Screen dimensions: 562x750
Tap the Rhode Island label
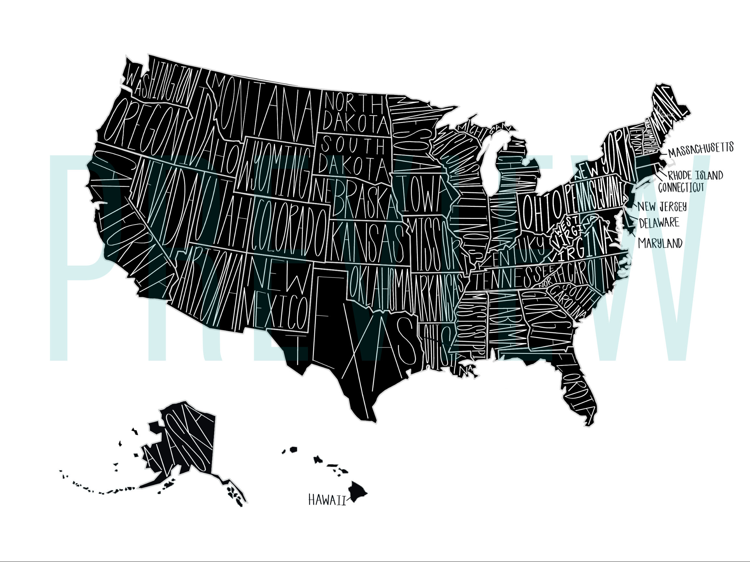coord(695,175)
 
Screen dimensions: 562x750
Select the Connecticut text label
coord(681,187)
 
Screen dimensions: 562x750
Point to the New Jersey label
coord(662,207)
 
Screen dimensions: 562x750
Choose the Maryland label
coord(660,243)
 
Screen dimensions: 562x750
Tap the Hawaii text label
coord(327,500)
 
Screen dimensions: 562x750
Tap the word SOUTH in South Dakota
coord(353,146)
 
